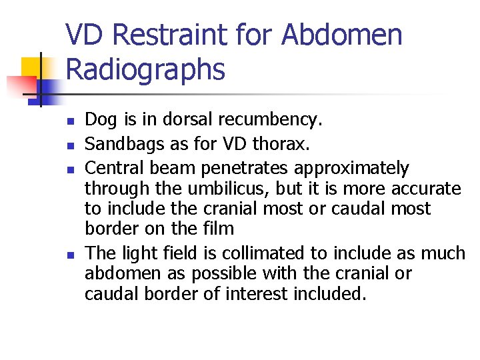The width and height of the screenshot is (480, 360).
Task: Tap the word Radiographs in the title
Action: (146, 69)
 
